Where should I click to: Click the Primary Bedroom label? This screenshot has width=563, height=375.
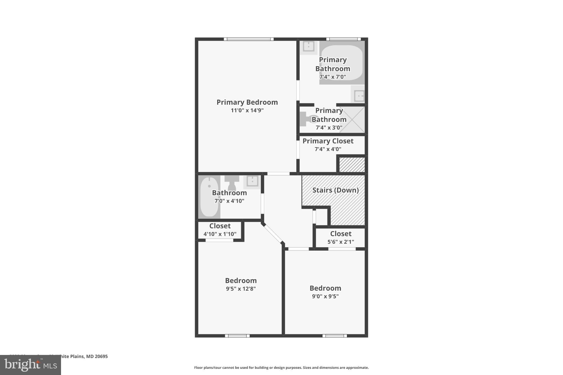coord(247,102)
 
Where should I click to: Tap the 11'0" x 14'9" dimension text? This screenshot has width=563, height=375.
coord(247,110)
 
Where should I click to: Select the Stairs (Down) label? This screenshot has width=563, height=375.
coord(335,190)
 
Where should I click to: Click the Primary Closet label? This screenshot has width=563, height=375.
coord(328,141)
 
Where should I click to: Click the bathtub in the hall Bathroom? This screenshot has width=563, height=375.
coord(209,197)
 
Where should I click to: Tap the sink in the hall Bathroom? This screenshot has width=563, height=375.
coord(252,182)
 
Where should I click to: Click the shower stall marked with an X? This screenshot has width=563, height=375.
coord(352,120)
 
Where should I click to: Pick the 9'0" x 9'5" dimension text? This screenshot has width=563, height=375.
coord(325,296)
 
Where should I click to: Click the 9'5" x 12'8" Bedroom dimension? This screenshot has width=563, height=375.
coord(241,289)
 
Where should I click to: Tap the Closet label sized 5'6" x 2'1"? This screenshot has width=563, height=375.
coord(341,234)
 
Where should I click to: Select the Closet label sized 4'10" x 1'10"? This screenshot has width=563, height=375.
coord(220,226)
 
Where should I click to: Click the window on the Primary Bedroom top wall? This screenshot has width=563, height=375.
coord(249,39)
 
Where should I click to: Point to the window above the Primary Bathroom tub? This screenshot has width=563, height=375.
coord(343,39)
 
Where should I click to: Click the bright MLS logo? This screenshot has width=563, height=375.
coord(31,365)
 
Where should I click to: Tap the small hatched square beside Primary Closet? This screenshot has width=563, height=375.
coord(352,165)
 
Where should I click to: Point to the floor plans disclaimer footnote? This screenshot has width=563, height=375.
coord(281,368)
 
